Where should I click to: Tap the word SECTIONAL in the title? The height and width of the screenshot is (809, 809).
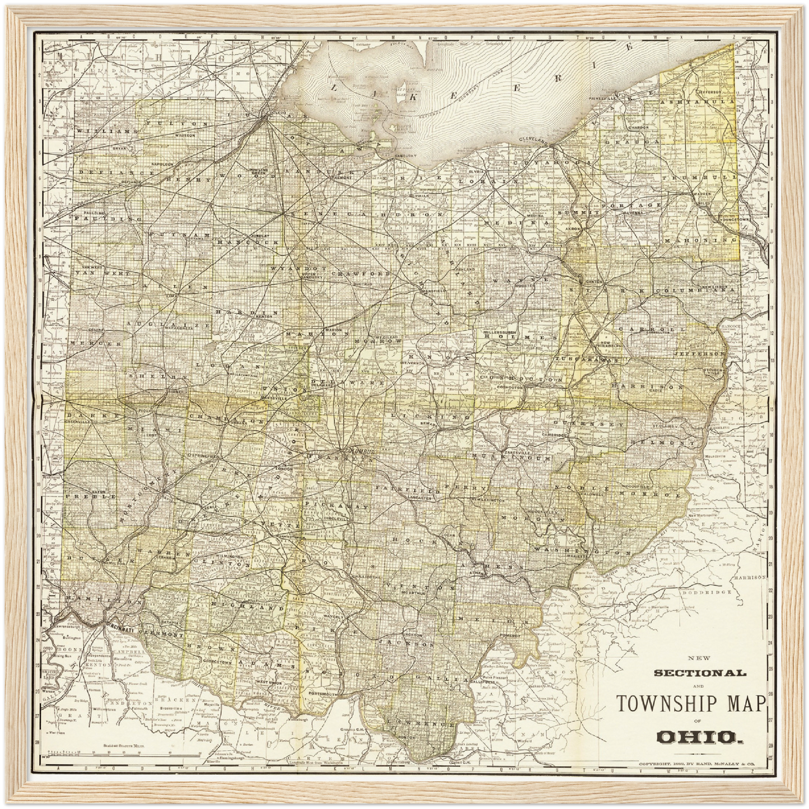point(700,672)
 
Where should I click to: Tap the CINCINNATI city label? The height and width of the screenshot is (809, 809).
point(116,630)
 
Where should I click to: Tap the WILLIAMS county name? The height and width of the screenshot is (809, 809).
point(98,130)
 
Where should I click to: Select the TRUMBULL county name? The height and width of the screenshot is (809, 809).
point(696,177)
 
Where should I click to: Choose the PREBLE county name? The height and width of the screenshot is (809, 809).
point(91,497)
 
